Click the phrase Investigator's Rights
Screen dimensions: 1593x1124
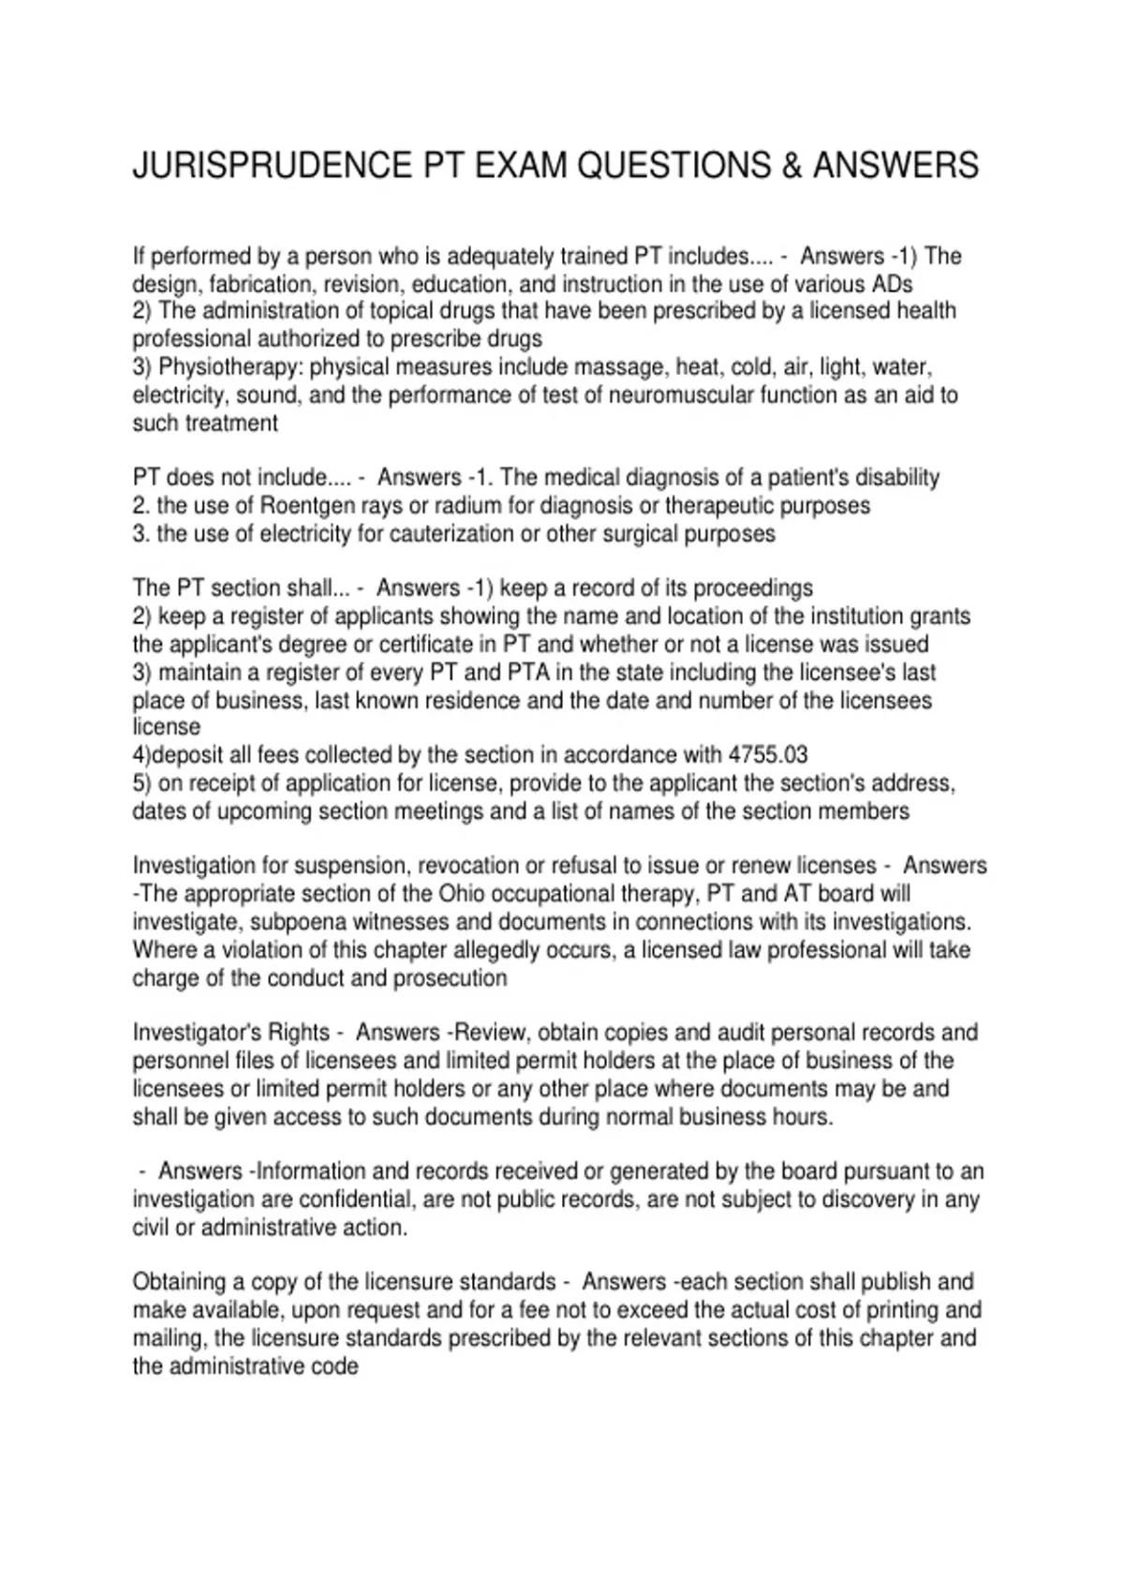pos(231,1033)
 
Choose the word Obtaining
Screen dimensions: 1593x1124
pos(178,1282)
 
